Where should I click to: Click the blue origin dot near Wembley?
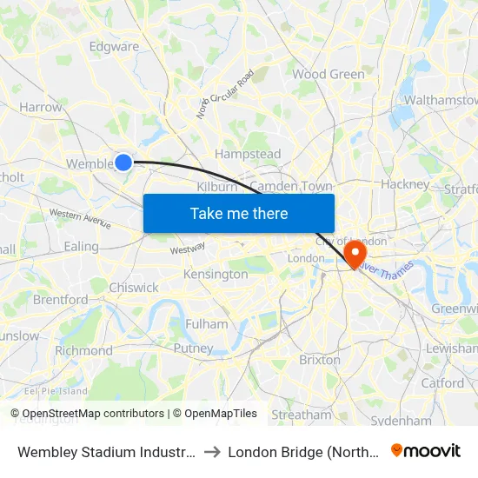[x=123, y=162]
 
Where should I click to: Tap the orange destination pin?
[x=355, y=252]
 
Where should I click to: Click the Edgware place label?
[x=114, y=47]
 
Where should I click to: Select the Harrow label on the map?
[x=41, y=108]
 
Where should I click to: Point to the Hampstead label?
[x=248, y=155]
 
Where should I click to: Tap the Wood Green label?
[x=329, y=75]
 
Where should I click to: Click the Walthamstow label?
[x=441, y=101]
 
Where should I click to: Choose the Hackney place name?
[x=405, y=184]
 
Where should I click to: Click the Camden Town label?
[x=293, y=186]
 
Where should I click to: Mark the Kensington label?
[x=216, y=275]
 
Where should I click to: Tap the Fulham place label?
[x=207, y=324]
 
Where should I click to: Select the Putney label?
[x=193, y=349]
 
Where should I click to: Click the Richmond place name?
[x=83, y=351]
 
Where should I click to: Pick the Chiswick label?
[x=134, y=288]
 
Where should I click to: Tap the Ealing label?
[x=82, y=247]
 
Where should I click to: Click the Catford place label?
[x=442, y=383]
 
